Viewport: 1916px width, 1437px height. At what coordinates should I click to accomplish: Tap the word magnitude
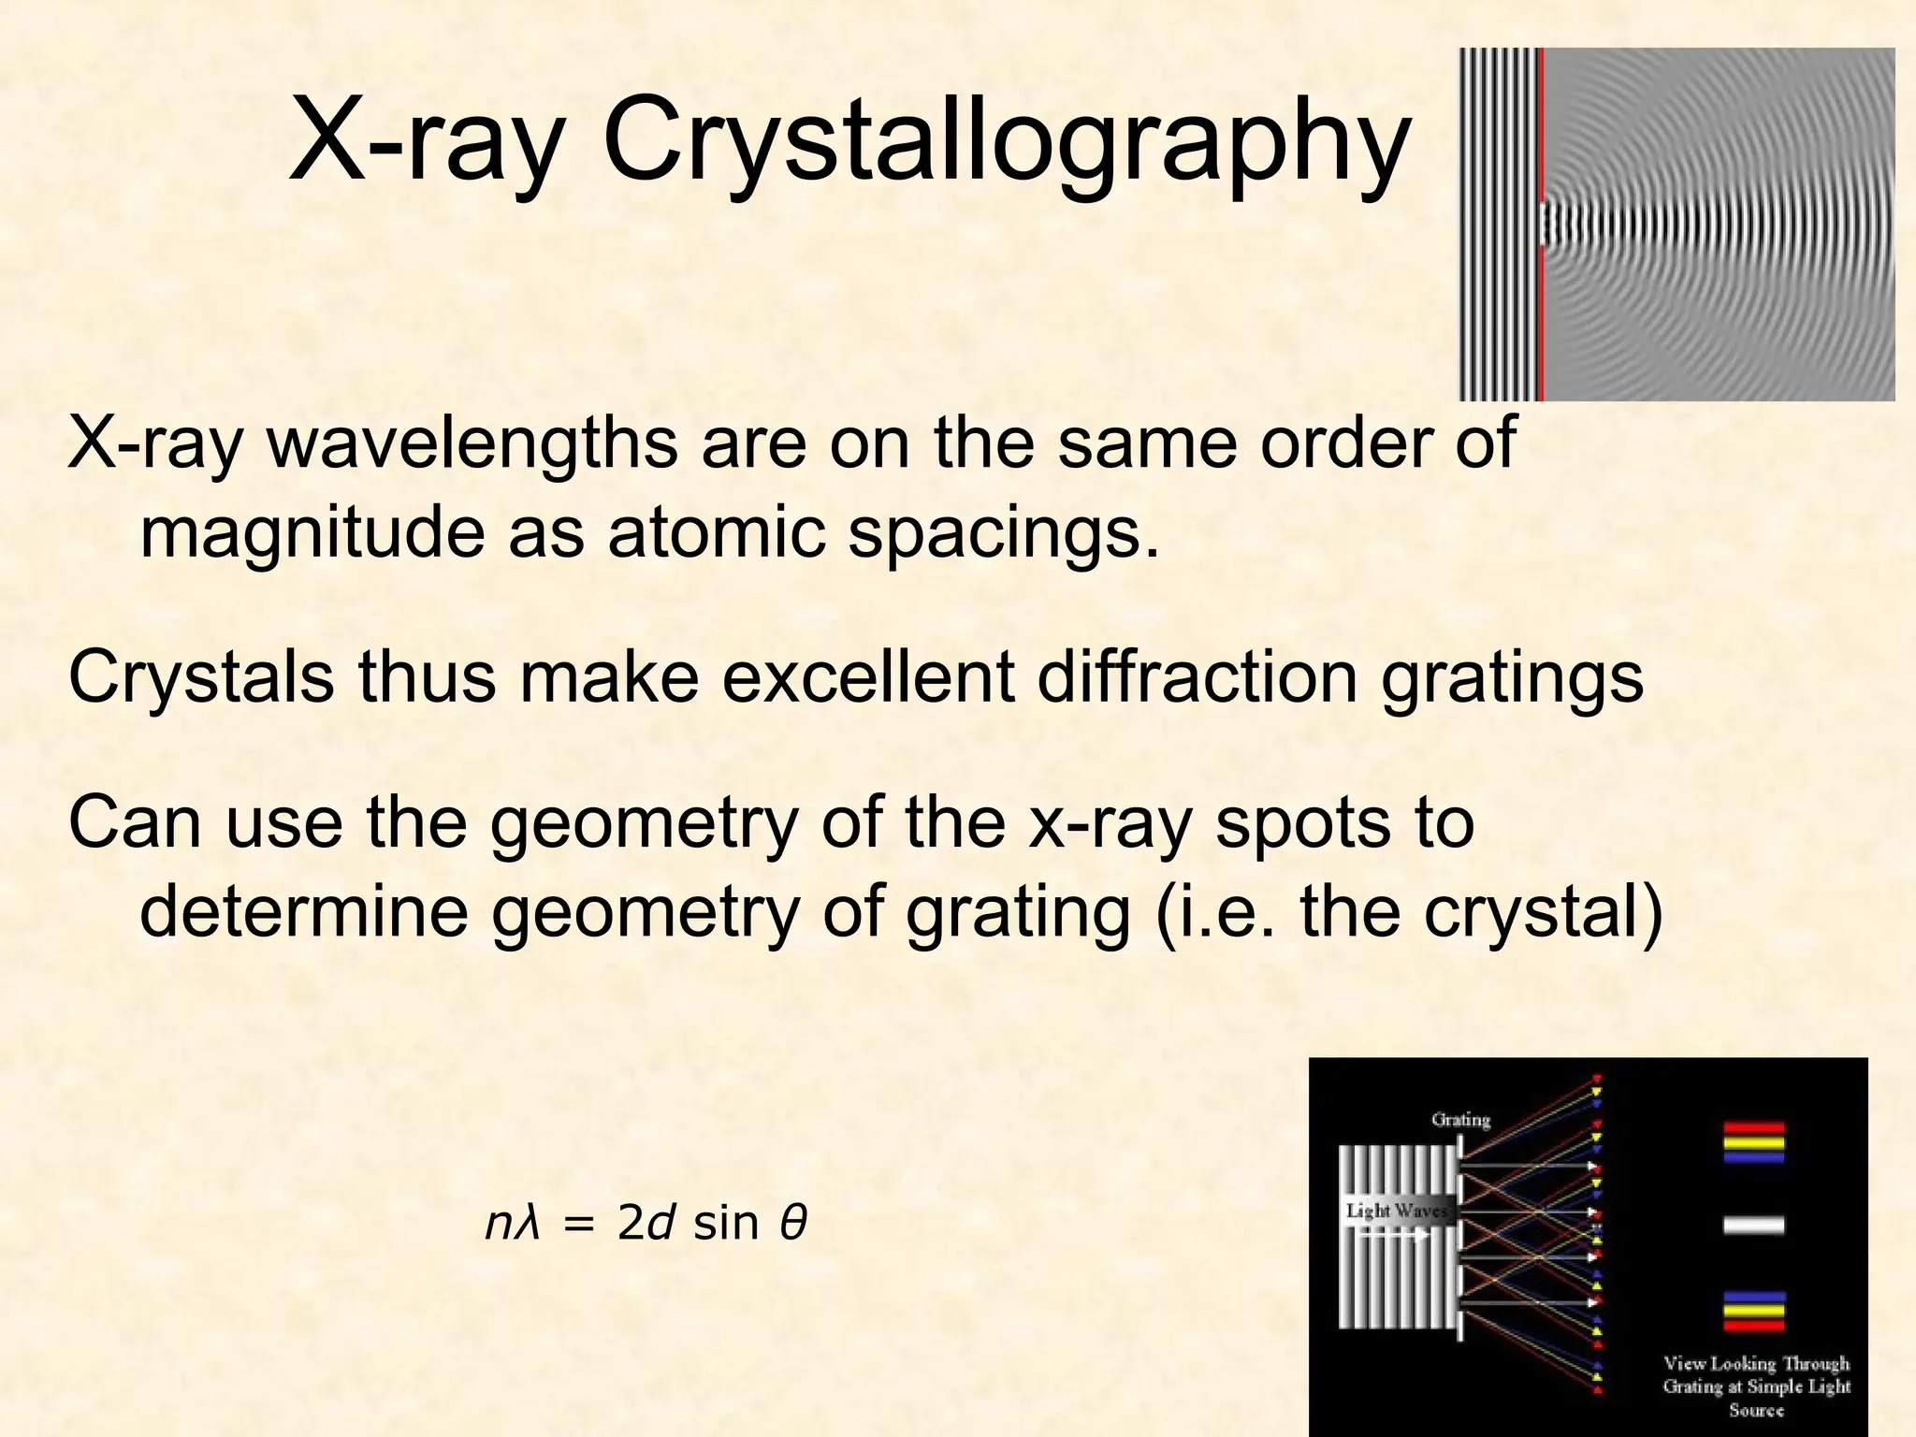tap(312, 533)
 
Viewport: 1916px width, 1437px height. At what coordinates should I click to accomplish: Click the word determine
tap(304, 911)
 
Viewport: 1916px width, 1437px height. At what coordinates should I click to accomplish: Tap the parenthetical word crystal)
tap(1544, 911)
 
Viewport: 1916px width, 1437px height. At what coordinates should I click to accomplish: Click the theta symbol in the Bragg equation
tap(792, 1224)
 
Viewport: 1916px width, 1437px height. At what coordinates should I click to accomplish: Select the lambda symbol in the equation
tap(530, 1224)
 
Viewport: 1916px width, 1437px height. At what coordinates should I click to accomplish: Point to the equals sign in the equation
tap(580, 1225)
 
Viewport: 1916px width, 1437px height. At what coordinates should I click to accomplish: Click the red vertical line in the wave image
tap(1540, 225)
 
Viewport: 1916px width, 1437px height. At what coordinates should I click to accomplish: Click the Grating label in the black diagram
tap(1460, 1119)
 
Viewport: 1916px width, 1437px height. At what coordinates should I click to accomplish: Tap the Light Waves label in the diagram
tap(1396, 1211)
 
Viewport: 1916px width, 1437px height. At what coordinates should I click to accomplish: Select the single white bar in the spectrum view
tap(1753, 1226)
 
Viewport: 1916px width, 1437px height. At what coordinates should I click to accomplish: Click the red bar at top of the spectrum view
tap(1753, 1128)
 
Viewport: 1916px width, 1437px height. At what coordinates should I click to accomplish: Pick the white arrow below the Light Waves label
tap(1392, 1235)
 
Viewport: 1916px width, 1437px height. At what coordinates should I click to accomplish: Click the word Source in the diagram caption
tap(1756, 1409)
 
